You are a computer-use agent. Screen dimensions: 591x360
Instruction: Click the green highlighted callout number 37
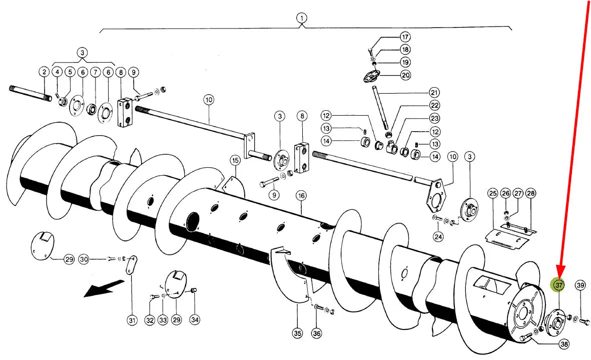558,285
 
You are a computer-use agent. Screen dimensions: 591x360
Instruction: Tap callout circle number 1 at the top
301,18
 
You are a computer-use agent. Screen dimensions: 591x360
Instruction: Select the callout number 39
580,285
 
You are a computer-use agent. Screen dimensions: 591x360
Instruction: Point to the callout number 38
564,344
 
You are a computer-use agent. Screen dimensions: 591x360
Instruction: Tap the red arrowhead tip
559,277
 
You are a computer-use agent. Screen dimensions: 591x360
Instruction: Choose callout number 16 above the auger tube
301,196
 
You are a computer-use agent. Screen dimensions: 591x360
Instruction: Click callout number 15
236,161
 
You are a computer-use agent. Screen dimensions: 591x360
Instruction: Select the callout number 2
45,72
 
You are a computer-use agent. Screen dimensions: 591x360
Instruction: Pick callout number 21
434,92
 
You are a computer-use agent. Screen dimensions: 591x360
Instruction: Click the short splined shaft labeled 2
31,94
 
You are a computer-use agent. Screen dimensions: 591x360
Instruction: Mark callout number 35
298,333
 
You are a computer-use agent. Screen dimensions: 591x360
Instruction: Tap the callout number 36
317,333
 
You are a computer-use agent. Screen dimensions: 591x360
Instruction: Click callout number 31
132,320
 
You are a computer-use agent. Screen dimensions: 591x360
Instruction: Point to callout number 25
493,193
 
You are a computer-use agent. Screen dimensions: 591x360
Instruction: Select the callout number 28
530,193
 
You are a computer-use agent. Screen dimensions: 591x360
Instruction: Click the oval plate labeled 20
372,76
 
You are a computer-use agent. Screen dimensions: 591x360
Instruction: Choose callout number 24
438,237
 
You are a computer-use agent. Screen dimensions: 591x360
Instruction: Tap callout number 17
405,37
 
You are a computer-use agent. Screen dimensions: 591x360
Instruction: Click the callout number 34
195,319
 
